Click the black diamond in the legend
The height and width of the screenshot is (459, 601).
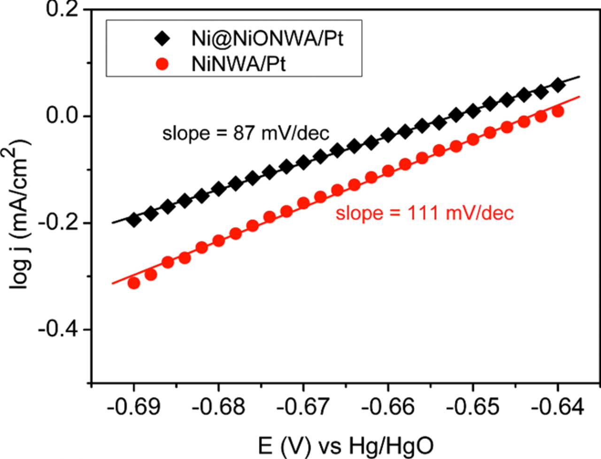(x=163, y=39)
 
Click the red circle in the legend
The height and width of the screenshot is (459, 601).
(x=162, y=64)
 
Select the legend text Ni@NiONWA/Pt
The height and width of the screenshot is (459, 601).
(x=267, y=39)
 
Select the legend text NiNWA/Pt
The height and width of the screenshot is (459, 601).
(x=238, y=64)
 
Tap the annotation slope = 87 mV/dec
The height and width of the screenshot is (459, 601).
(x=246, y=134)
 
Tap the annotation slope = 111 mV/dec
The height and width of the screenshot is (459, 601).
(x=424, y=213)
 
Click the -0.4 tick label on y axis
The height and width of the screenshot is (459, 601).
(x=57, y=329)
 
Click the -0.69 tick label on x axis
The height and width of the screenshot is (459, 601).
(x=134, y=407)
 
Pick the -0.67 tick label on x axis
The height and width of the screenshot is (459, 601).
(x=303, y=407)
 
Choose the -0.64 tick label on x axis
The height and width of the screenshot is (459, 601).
(x=557, y=407)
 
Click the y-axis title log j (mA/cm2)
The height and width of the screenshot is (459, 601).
(x=21, y=214)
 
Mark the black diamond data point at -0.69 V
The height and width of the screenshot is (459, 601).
(x=134, y=220)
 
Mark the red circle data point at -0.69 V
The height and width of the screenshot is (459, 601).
(x=134, y=283)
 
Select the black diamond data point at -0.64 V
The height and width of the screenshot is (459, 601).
(x=558, y=85)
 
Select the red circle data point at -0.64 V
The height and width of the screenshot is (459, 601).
(x=558, y=111)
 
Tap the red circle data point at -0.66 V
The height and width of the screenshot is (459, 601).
(x=388, y=171)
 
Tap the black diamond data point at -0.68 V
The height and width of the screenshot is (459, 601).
(x=219, y=189)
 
